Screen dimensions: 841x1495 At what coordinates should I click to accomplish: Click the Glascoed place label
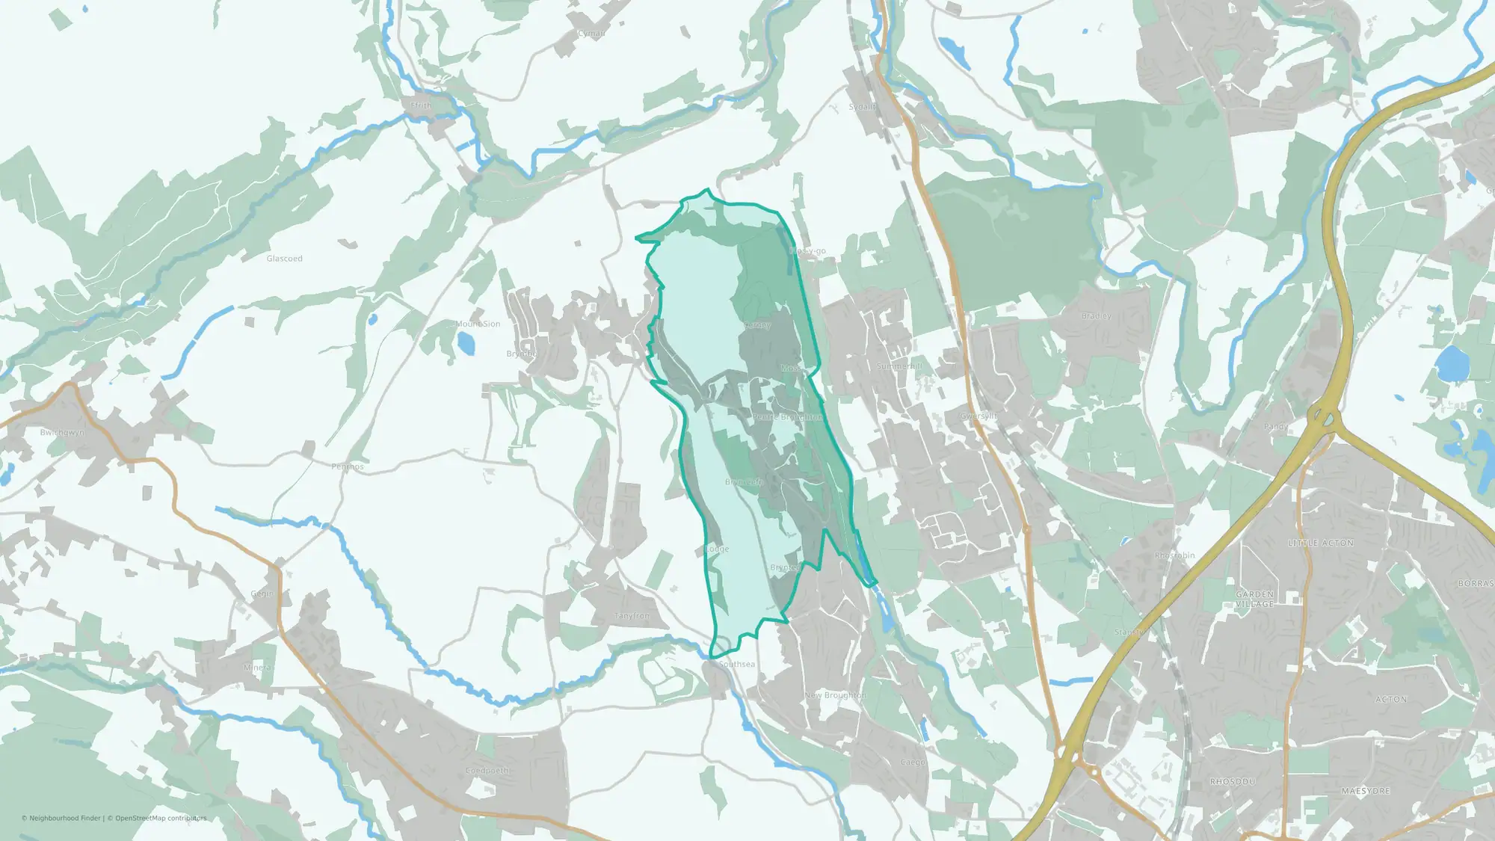pos(284,259)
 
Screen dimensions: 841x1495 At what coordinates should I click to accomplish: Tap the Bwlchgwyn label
pos(62,433)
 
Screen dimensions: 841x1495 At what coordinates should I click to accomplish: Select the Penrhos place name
pos(348,466)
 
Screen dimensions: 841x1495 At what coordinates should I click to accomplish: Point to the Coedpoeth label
pos(487,771)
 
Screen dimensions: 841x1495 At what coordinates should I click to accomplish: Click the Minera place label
pos(258,668)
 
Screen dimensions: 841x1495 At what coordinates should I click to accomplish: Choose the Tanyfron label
pos(632,616)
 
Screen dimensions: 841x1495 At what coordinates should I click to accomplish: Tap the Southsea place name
pos(736,664)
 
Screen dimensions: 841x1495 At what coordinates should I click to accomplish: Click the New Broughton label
pos(835,695)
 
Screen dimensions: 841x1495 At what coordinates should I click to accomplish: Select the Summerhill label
pos(899,366)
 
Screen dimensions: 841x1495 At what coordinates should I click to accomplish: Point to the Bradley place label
pos(1096,316)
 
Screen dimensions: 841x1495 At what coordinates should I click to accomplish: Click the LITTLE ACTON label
pos(1320,543)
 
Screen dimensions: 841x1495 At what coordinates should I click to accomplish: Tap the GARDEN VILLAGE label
pos(1254,599)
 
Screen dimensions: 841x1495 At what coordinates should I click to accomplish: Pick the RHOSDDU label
pos(1233,781)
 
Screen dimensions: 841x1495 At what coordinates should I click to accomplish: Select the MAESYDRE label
pos(1366,791)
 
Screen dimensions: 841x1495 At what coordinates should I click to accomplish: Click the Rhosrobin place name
pos(1174,555)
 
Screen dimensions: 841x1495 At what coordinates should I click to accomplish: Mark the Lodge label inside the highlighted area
pos(717,549)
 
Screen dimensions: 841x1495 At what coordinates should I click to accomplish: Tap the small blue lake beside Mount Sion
pos(466,344)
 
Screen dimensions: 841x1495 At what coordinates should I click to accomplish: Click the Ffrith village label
pos(422,106)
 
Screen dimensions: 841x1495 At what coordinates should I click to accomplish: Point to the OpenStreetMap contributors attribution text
pos(160,818)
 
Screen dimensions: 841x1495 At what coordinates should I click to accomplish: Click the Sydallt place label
pos(862,107)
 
